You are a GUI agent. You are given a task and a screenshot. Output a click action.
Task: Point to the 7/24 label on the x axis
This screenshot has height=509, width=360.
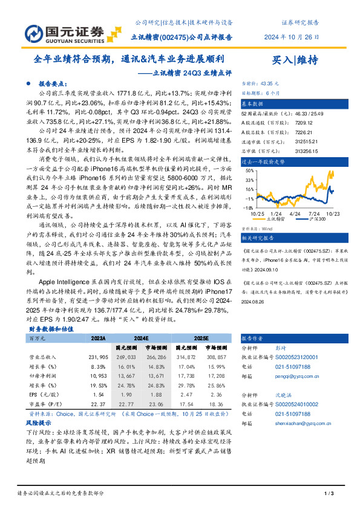(x=315, y=213)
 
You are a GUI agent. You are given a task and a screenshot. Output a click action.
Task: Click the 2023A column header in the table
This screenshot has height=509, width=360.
(x=98, y=339)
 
